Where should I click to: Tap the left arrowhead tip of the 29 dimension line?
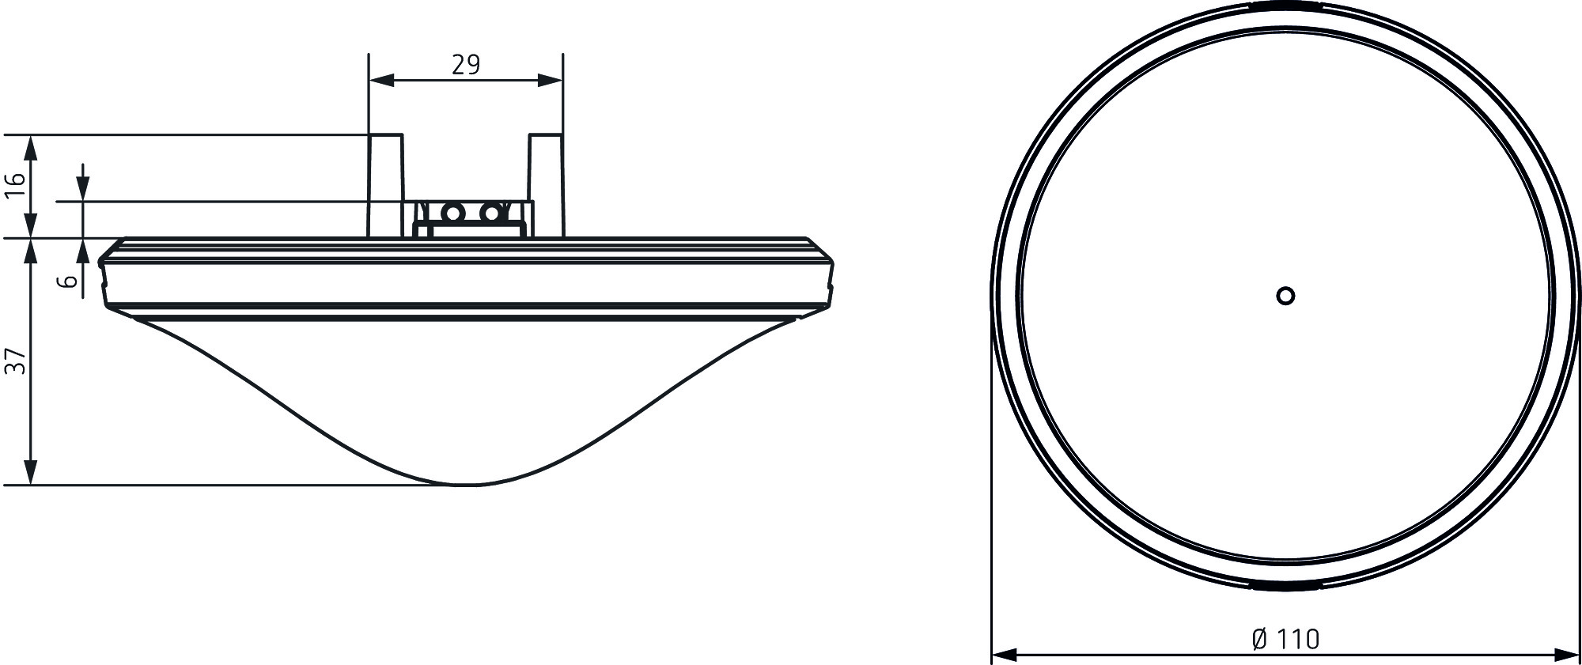point(369,80)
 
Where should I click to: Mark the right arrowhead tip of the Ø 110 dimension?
point(1580,654)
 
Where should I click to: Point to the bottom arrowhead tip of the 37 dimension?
point(30,484)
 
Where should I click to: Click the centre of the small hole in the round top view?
point(1285,296)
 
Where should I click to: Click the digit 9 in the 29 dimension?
point(473,65)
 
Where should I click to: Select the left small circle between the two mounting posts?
point(453,213)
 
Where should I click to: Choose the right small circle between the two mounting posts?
point(492,213)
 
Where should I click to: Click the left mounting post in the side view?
point(386,186)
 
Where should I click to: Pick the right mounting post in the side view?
point(546,186)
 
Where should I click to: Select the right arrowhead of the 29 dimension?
point(551,80)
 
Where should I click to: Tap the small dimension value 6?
point(70,281)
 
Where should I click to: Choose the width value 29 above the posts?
point(466,65)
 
